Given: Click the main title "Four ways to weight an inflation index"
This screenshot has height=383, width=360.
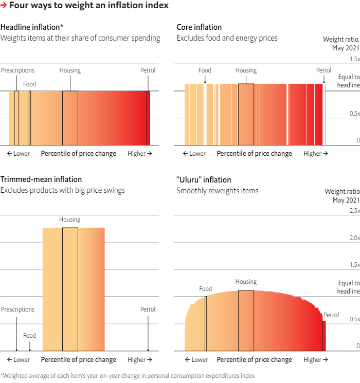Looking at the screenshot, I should click(x=88, y=6).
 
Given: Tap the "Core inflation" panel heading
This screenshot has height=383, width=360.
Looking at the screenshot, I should click(x=199, y=27).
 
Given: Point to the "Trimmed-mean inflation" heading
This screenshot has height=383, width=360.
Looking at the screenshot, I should click(x=41, y=179).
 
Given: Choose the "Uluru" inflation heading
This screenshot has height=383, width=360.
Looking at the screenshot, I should click(x=204, y=180).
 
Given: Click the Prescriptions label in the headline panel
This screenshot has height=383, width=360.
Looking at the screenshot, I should click(x=17, y=70).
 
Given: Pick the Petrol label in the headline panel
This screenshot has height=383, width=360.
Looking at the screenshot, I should click(x=148, y=70).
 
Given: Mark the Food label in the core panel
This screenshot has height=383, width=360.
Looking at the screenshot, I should click(x=205, y=70).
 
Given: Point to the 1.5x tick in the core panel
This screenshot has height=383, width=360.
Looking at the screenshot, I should click(x=354, y=59).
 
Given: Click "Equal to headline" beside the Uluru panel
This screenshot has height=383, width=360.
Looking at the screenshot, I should click(x=348, y=287).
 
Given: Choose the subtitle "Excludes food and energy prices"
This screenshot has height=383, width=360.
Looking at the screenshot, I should click(x=227, y=38).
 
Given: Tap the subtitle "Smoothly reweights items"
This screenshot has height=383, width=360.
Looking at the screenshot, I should click(x=218, y=191).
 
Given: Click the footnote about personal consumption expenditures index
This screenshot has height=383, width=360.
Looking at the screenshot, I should click(x=127, y=376).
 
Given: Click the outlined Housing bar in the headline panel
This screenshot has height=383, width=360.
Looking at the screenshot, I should click(x=70, y=118).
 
